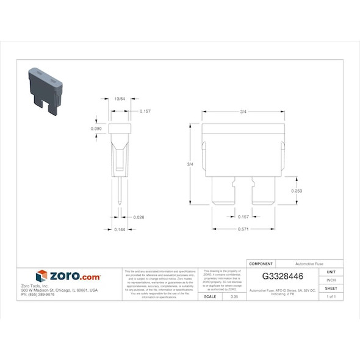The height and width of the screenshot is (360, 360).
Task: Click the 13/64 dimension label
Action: coord(120,98)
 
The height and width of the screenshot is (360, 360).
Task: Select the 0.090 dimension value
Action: coord(96,129)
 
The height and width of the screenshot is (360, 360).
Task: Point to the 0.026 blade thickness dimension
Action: coord(139,217)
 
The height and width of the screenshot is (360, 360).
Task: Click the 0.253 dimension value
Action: coord(297,190)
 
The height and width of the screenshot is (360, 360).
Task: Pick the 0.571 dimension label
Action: coord(243,229)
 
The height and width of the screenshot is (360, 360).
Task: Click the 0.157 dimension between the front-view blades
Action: coord(243,217)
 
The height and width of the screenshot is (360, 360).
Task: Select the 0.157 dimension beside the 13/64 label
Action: coord(145,111)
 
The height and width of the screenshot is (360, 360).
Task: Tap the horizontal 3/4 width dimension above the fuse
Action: coord(243,111)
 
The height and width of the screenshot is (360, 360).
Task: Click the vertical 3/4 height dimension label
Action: coord(190,164)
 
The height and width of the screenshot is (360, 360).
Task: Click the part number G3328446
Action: coord(283,276)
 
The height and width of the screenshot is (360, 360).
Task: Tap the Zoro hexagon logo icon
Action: coord(41,276)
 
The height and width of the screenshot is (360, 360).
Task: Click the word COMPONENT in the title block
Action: coord(261,263)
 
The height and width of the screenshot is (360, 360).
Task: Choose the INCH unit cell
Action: coord(331,280)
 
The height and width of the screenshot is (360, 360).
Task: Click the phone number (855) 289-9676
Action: coord(38,295)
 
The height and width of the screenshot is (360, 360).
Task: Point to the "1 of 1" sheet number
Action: coord(331,297)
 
